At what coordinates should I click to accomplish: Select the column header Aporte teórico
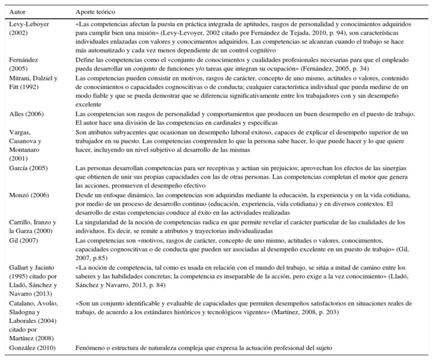[x=95, y=12]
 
